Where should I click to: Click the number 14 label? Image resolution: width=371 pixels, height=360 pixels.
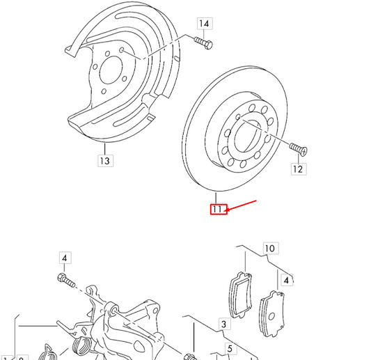click(x=204, y=24)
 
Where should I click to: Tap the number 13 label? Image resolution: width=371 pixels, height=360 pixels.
click(x=104, y=162)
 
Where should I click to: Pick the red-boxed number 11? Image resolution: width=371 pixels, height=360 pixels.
click(x=219, y=208)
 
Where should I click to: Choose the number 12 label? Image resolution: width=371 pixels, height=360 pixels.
click(x=299, y=169)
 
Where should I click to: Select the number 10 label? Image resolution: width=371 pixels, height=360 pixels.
click(x=269, y=248)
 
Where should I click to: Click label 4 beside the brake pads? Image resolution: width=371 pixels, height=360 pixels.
click(x=286, y=281)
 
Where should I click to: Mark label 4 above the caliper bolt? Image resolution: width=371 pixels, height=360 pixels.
click(x=64, y=258)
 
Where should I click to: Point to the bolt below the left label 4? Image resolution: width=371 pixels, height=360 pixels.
click(x=64, y=280)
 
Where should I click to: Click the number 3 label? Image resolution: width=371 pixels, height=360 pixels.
click(x=224, y=324)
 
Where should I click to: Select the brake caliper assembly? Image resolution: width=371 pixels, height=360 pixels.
click(x=125, y=320)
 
